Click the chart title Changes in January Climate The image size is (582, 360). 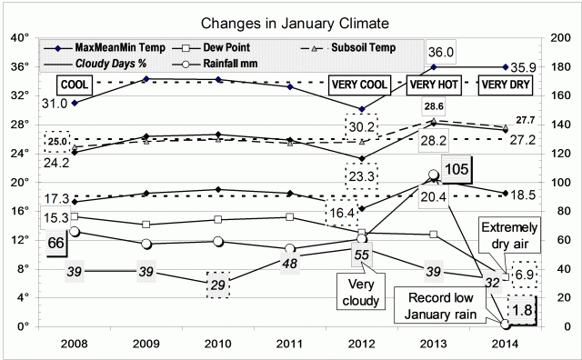[290, 21]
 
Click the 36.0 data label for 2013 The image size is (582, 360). [440, 53]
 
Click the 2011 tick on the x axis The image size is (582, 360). [289, 345]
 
